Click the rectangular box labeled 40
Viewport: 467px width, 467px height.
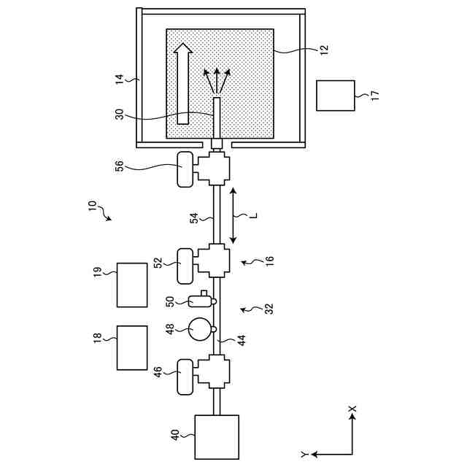click(x=217, y=436)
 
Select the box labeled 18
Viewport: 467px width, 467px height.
click(x=133, y=348)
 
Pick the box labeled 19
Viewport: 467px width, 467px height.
click(x=133, y=285)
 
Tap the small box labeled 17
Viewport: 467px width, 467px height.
click(x=336, y=96)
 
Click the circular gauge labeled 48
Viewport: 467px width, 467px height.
click(x=199, y=330)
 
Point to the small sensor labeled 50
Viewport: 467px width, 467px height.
click(x=200, y=299)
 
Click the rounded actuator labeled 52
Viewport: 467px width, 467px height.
click(x=185, y=265)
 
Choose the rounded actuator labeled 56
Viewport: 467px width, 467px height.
click(x=185, y=169)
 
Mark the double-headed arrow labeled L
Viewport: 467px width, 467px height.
click(x=233, y=216)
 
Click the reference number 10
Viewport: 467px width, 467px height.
click(x=93, y=210)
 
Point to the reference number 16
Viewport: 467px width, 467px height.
click(x=269, y=260)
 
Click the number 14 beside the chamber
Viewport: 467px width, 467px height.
click(x=120, y=80)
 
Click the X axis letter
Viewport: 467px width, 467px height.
click(x=352, y=409)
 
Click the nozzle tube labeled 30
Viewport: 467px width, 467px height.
click(x=216, y=117)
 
